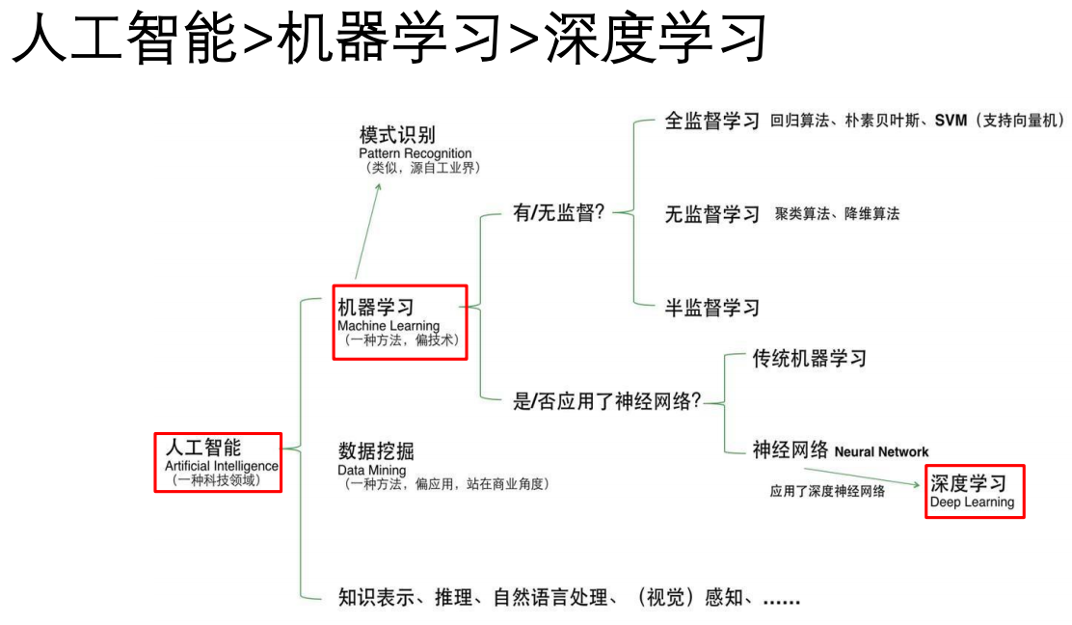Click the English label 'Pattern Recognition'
point(415,153)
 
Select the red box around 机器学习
point(400,322)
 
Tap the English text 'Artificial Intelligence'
point(221,466)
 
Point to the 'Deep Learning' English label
point(972,503)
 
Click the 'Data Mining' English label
point(371,471)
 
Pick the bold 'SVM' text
point(951,121)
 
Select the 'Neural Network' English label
point(881,451)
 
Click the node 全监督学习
point(712,121)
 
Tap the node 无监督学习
point(712,214)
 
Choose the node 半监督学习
point(712,308)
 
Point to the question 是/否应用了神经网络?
point(607,401)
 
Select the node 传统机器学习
point(809,359)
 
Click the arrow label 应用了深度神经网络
point(826,491)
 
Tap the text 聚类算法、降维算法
point(837,214)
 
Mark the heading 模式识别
point(397,134)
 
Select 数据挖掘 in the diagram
point(376,450)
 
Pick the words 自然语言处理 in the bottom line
point(550,597)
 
